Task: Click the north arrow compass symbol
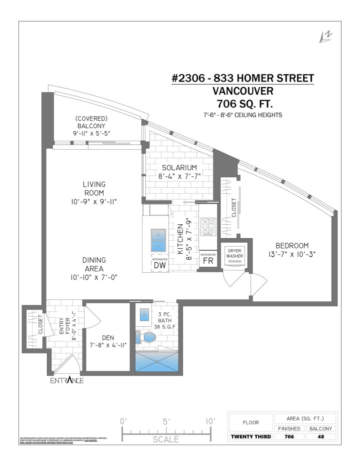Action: click(325, 37)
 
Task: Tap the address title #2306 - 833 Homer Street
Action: click(242, 78)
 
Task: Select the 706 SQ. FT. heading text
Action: click(242, 104)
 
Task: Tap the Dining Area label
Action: click(94, 264)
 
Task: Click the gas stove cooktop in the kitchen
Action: click(208, 226)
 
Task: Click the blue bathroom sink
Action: click(144, 315)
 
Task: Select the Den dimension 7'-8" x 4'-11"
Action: click(108, 345)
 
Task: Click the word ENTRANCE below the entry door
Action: click(66, 381)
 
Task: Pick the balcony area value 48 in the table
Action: click(321, 436)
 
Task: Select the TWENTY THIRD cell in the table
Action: click(250, 436)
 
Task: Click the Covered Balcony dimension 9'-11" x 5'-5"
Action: click(92, 133)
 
